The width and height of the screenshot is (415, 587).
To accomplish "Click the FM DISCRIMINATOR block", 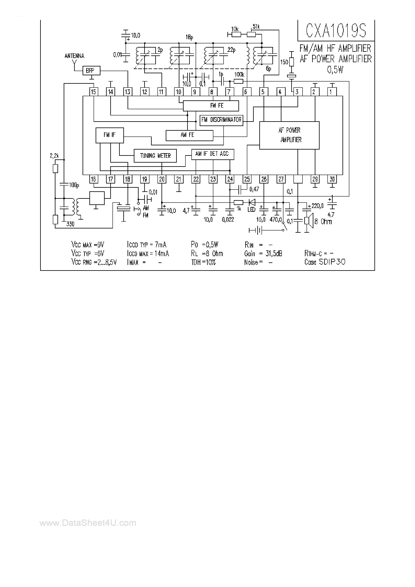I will [x=221, y=120].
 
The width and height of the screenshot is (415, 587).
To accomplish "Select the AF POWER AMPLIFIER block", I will [x=289, y=135].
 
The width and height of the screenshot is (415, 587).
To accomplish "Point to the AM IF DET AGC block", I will [x=213, y=154].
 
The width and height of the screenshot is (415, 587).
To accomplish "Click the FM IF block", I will [x=109, y=135].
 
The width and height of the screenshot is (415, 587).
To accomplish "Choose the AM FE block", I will [x=189, y=135].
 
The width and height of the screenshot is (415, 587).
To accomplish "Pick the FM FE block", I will [x=211, y=106].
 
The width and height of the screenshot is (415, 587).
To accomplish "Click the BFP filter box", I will [x=91, y=70].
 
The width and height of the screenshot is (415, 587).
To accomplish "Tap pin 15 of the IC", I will [x=93, y=92].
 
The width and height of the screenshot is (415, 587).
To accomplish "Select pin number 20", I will [x=162, y=179].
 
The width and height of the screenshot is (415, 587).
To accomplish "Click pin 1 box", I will [x=332, y=92].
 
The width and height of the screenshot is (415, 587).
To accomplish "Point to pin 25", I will [x=247, y=179].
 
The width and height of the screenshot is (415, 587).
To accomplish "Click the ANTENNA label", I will [x=74, y=56].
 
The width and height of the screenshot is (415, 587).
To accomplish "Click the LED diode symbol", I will [x=252, y=202].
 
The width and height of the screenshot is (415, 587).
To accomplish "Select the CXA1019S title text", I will [x=336, y=31].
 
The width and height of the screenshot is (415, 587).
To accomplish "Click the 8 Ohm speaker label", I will [x=323, y=222].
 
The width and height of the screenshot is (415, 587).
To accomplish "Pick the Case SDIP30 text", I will [x=325, y=262].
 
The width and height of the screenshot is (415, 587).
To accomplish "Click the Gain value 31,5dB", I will [x=274, y=253].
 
